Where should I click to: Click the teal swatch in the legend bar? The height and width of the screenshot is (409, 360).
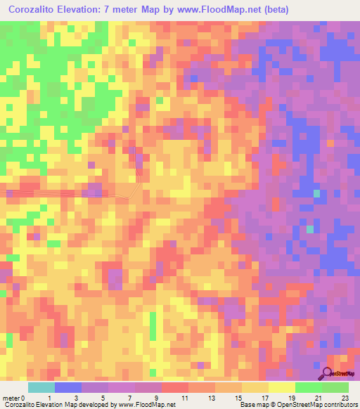click(x=41, y=387)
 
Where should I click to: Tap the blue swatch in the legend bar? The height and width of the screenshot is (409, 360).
click(x=68, y=387)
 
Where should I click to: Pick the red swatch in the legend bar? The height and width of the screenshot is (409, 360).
click(x=175, y=387)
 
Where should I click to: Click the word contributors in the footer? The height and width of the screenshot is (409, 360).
click(x=336, y=405)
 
